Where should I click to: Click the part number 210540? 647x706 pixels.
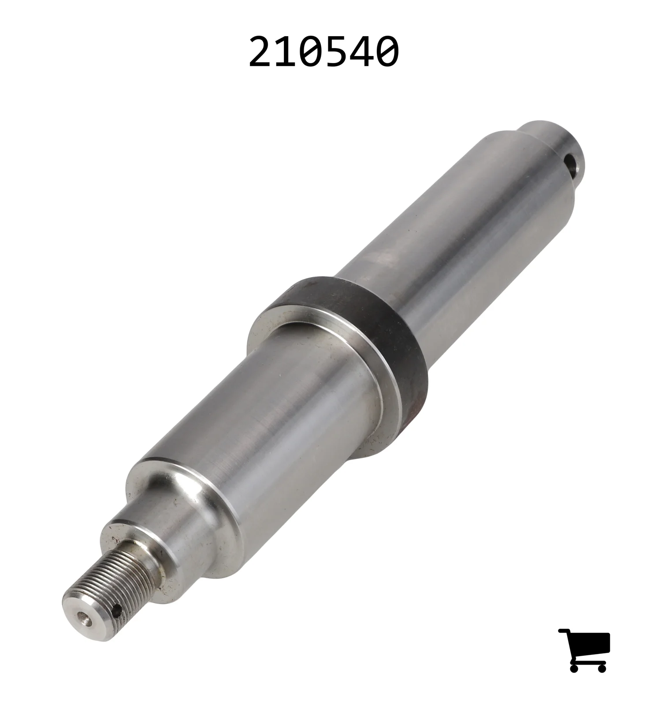pyautogui.click(x=323, y=52)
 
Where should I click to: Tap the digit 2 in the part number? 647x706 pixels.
pyautogui.click(x=261, y=52)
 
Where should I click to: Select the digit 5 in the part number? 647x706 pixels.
pyautogui.click(x=337, y=52)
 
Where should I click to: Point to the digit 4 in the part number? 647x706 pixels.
pyautogui.click(x=362, y=52)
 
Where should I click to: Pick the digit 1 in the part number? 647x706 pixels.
pyautogui.click(x=286, y=52)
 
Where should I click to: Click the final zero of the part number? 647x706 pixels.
pyautogui.click(x=387, y=52)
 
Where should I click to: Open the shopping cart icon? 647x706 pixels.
pyautogui.click(x=584, y=650)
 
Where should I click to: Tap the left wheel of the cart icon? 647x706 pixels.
pyautogui.click(x=574, y=668)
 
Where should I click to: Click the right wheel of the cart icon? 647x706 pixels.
pyautogui.click(x=601, y=668)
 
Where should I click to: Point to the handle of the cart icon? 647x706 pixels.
pyautogui.click(x=564, y=631)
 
